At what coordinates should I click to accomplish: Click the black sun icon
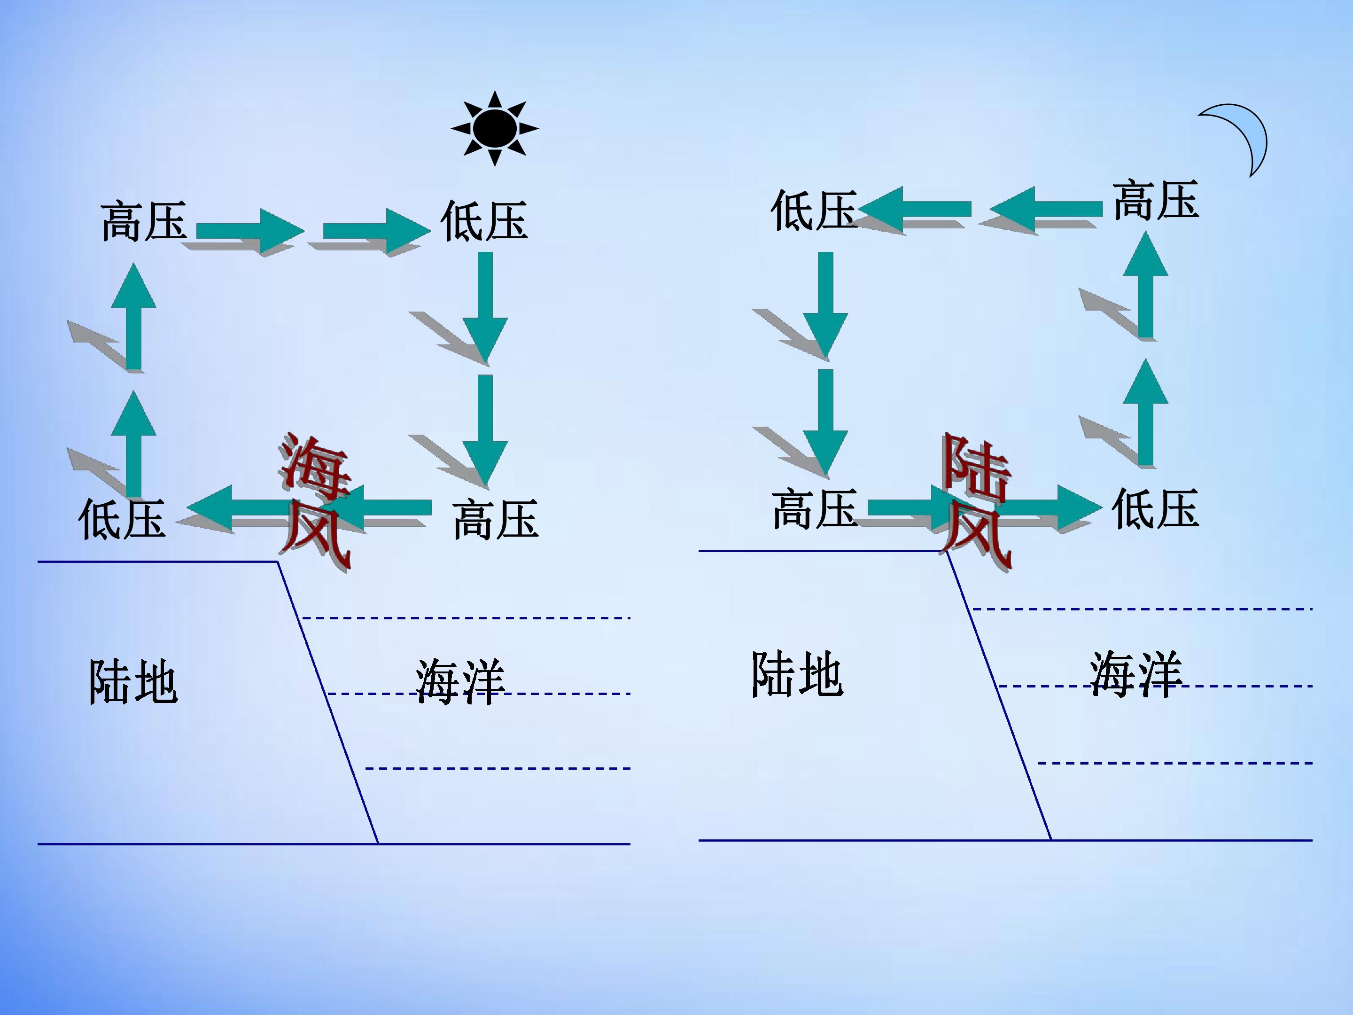click(495, 128)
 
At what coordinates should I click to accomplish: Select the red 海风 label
click(316, 502)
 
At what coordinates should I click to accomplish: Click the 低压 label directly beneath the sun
click(484, 220)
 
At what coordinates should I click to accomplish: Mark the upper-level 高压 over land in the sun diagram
click(144, 220)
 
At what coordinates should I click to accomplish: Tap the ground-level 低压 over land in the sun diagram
click(122, 518)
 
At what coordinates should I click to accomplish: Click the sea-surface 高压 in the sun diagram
click(496, 519)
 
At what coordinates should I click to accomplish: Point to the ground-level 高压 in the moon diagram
click(814, 508)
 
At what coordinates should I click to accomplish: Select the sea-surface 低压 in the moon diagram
click(1155, 508)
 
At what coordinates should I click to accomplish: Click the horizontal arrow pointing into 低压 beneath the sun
click(377, 231)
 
